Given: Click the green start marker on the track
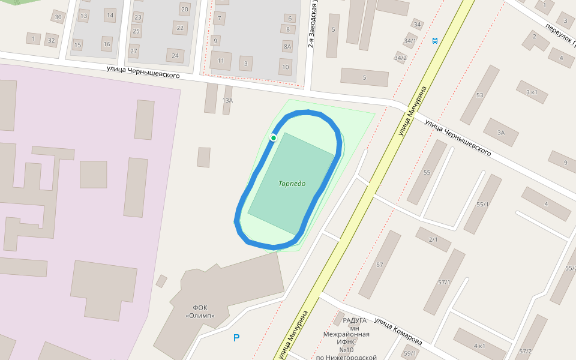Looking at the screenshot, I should pyautogui.click(x=273, y=138).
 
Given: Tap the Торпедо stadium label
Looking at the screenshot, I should pyautogui.click(x=292, y=183).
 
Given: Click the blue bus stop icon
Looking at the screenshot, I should pyautogui.click(x=435, y=41).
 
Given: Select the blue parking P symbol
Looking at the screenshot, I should pyautogui.click(x=236, y=338).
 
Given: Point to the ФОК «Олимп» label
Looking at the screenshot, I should pyautogui.click(x=200, y=311).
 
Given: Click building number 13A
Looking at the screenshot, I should pyautogui.click(x=227, y=100).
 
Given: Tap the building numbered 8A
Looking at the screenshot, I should pyautogui.click(x=287, y=46).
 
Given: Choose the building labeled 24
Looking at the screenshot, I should pyautogui.click(x=175, y=56).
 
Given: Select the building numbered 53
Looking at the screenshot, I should pyautogui.click(x=479, y=95).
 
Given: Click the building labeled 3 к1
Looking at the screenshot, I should pyautogui.click(x=532, y=92).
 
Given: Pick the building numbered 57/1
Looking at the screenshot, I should pyautogui.click(x=445, y=281).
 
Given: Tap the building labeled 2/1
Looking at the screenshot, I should pyautogui.click(x=433, y=239).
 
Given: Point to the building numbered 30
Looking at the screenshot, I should pyautogui.click(x=58, y=17).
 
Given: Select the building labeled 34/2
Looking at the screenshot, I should pyautogui.click(x=400, y=58).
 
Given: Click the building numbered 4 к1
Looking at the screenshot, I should pyautogui.click(x=479, y=346).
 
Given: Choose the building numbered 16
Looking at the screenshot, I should pyautogui.click(x=107, y=44).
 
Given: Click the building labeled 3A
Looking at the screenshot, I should pyautogui.click(x=501, y=133).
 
